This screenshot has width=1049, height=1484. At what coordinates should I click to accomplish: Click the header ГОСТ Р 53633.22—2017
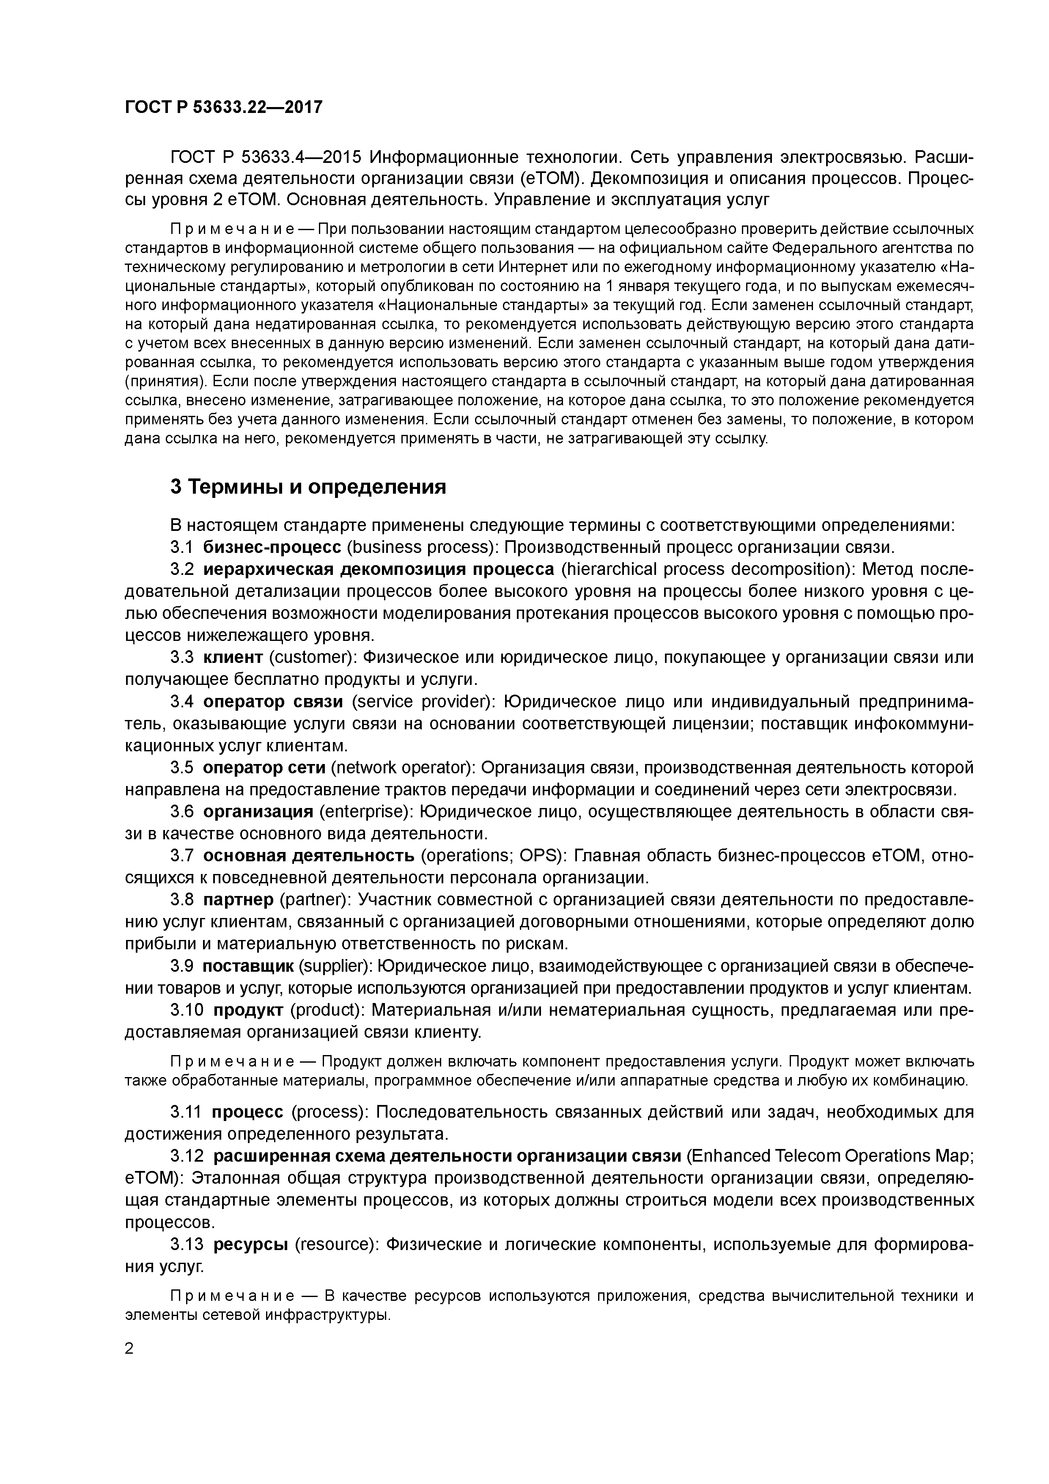click(223, 107)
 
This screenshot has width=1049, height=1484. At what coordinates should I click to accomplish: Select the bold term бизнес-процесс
click(272, 547)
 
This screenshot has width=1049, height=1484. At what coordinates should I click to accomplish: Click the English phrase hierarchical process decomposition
click(705, 569)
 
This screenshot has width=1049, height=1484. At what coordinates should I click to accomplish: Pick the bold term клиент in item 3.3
click(233, 657)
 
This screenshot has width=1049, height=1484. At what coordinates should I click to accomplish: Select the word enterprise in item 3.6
click(362, 812)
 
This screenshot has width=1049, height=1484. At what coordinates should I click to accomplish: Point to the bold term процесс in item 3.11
click(247, 1112)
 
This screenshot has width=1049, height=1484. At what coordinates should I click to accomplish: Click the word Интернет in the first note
click(526, 267)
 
